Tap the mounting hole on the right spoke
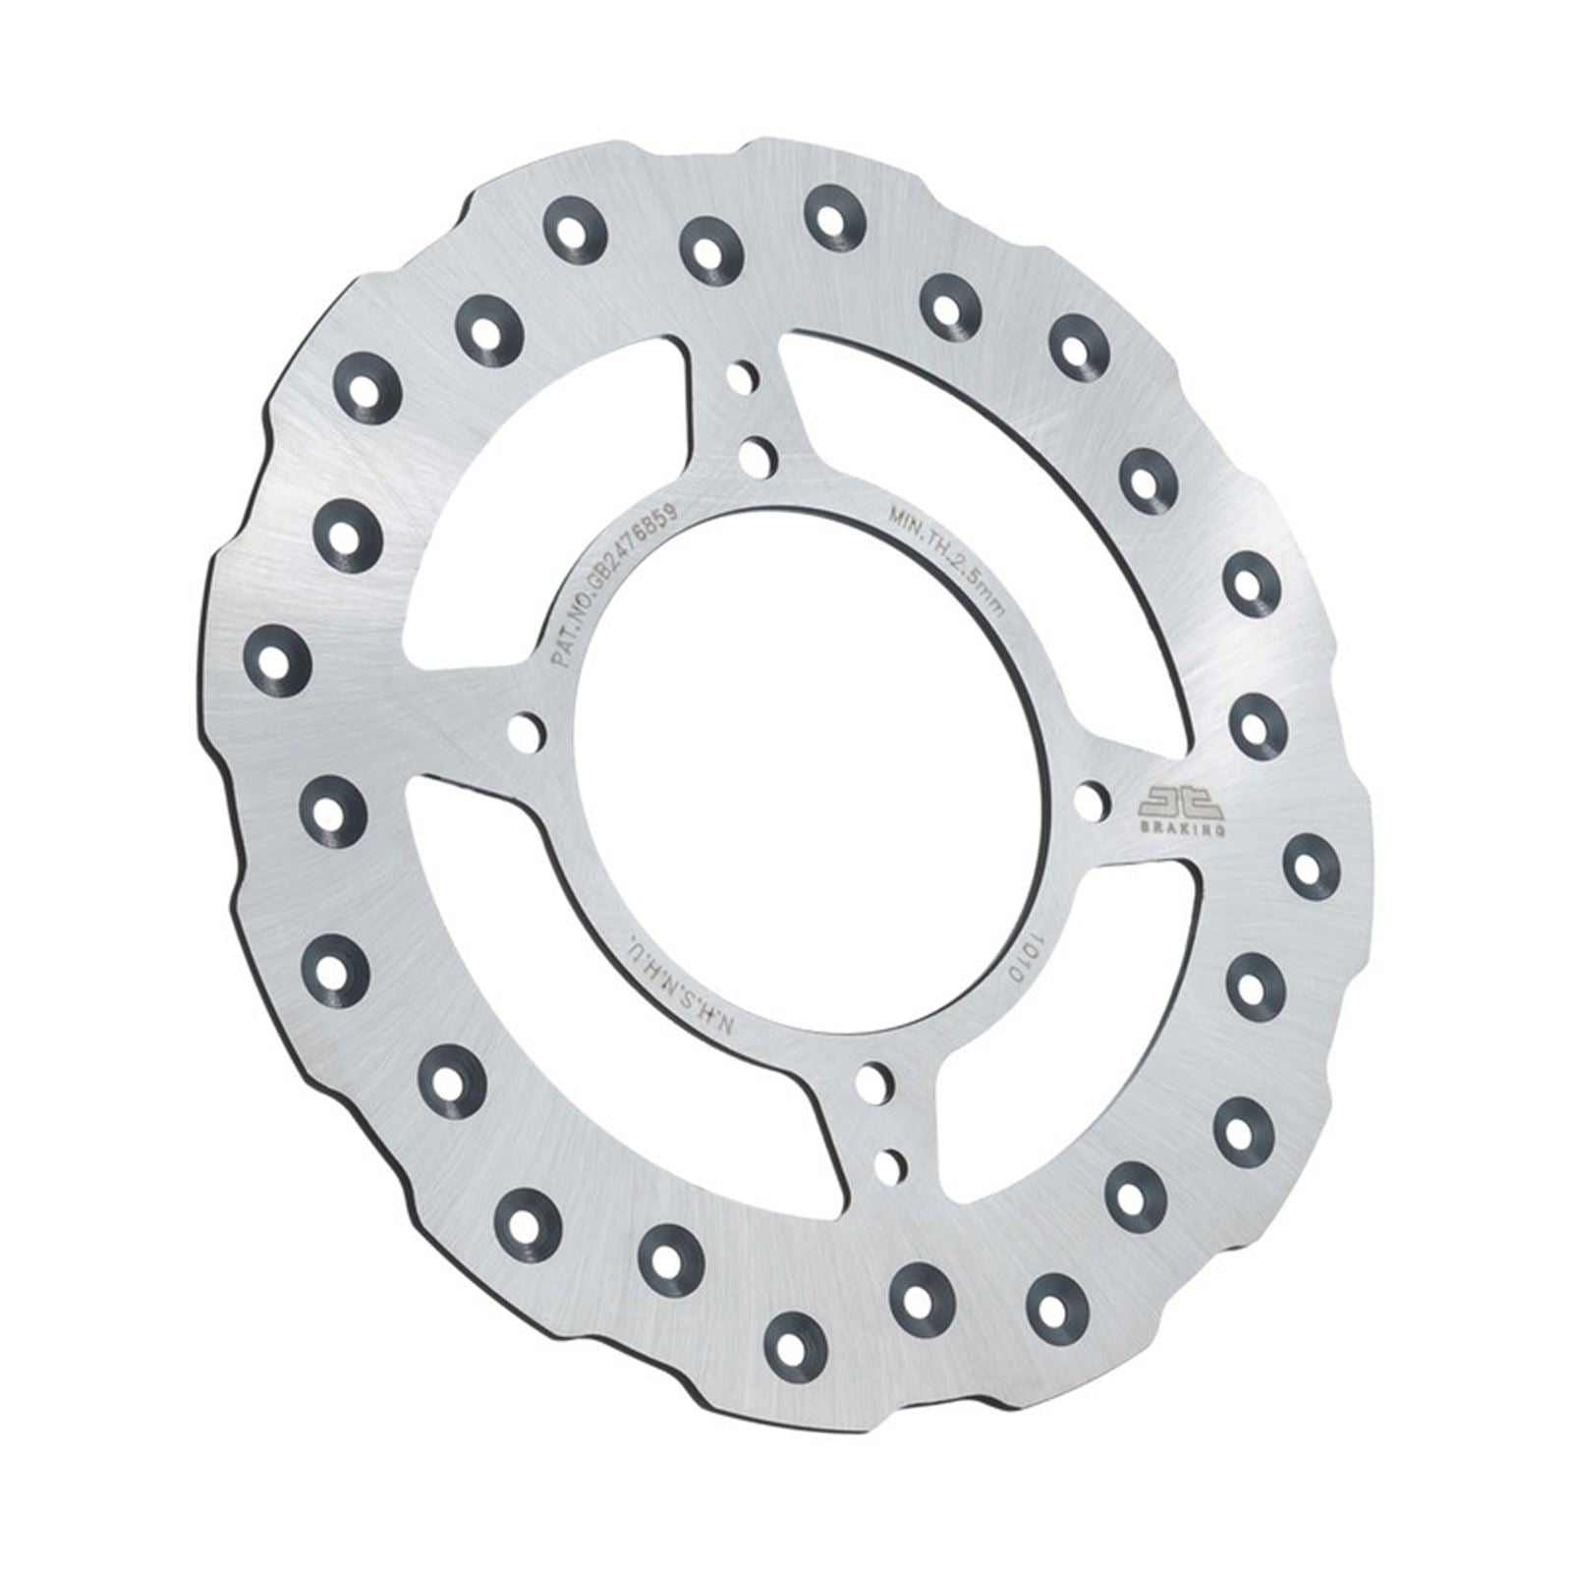click(1089, 802)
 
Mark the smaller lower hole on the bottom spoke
click(891, 1165)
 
